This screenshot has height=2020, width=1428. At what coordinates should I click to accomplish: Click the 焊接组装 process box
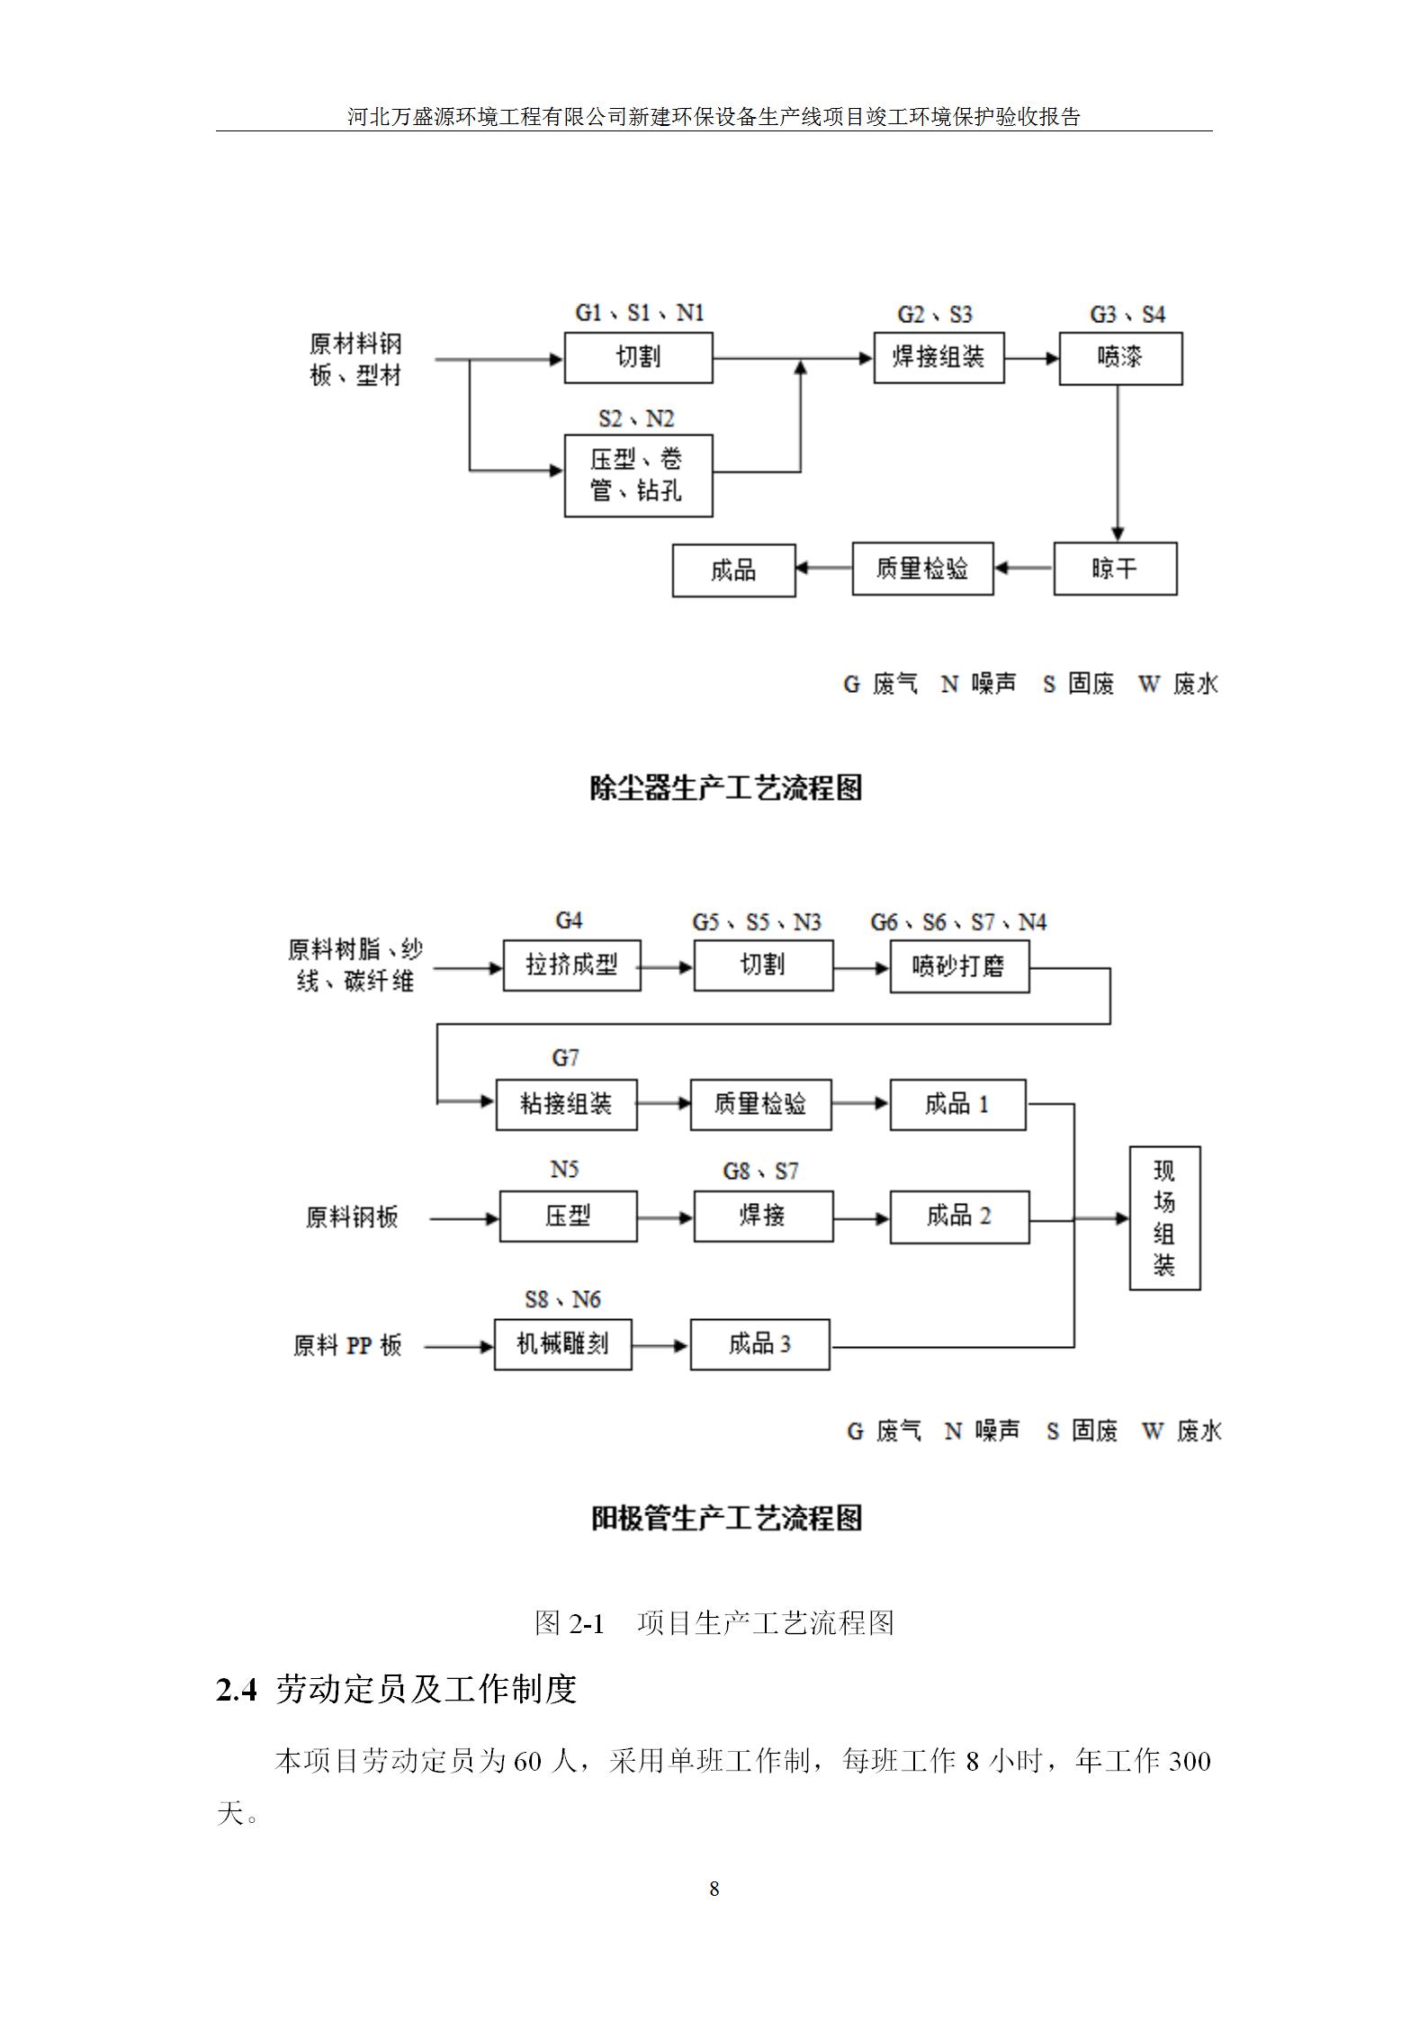[x=939, y=358]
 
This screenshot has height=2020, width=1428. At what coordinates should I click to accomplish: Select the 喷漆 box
[x=1120, y=359]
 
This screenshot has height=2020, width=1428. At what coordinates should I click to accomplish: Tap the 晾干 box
[x=1115, y=569]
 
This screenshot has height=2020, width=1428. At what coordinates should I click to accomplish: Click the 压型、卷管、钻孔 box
[x=638, y=476]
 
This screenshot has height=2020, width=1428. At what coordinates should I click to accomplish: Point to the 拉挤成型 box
[x=571, y=965]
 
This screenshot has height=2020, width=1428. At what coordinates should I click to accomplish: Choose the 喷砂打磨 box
[x=959, y=966]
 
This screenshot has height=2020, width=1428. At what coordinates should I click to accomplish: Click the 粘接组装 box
[x=566, y=1105]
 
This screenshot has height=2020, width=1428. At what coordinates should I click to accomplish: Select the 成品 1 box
[x=957, y=1104]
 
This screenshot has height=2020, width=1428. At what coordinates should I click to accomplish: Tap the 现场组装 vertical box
[x=1164, y=1217]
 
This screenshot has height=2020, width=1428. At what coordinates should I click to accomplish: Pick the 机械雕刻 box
[x=562, y=1344]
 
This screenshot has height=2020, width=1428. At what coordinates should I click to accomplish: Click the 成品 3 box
[x=759, y=1344]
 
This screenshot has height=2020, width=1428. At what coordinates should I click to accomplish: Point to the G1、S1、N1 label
[x=640, y=313]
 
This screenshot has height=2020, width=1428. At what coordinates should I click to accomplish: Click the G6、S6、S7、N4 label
[x=958, y=922]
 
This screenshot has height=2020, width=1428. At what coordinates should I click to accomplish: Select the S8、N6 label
[x=562, y=1299]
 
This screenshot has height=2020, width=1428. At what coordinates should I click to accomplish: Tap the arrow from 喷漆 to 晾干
[x=1118, y=463]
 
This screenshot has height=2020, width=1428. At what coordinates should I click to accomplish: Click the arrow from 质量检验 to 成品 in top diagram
[x=824, y=569]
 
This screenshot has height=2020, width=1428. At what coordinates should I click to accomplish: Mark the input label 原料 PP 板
[x=347, y=1346]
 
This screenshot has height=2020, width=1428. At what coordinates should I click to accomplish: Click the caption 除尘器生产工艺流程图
[x=726, y=788]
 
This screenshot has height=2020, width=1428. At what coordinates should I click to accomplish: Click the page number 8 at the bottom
[x=714, y=1889]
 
